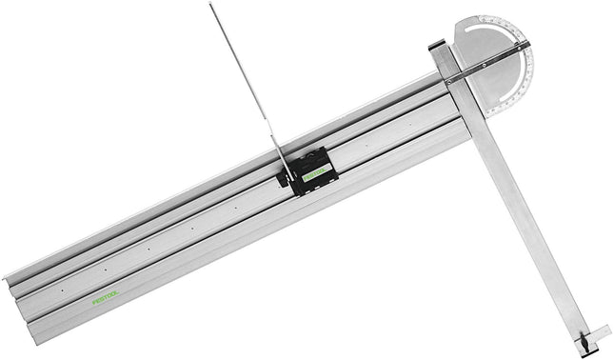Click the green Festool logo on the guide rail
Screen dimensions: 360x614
[108, 297]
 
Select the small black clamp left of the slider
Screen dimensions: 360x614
[284, 178]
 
